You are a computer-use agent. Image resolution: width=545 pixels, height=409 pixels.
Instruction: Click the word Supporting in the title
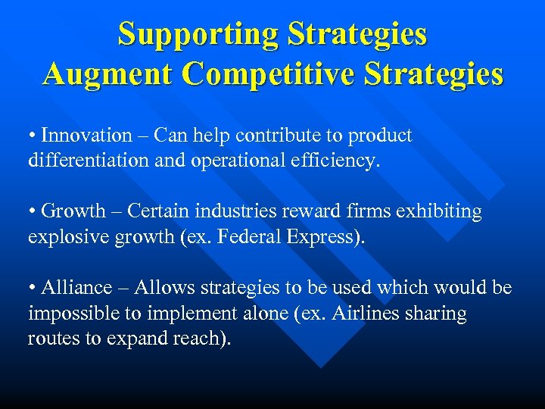coord(195,34)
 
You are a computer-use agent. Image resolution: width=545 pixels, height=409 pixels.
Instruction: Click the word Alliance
coord(76,288)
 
